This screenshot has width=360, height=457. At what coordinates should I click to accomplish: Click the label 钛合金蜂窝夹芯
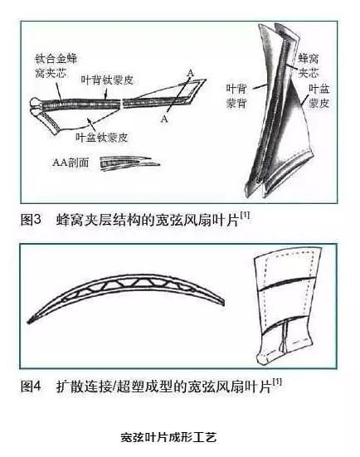(x=56, y=66)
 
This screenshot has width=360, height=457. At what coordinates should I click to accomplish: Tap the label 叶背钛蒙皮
(x=107, y=80)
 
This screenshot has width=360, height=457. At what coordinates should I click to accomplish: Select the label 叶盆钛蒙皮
(x=102, y=138)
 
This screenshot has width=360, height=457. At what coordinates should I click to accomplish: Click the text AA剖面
(x=71, y=163)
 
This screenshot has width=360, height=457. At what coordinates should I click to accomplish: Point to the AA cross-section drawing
(x=129, y=163)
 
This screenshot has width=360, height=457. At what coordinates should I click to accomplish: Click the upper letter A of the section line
(x=190, y=73)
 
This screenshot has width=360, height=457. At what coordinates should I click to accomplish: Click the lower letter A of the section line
(x=164, y=119)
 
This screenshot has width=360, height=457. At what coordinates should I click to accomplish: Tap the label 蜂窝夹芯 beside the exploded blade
(x=308, y=66)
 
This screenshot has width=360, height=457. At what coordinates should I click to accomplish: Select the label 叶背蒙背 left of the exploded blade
(x=236, y=96)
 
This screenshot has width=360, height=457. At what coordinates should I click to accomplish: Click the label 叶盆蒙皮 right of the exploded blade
(x=319, y=96)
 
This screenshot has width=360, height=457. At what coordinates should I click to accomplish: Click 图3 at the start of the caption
(x=31, y=219)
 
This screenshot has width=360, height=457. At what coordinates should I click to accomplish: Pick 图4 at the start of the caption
(x=31, y=387)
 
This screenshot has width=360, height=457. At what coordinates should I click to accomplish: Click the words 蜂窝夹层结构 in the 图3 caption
(x=98, y=220)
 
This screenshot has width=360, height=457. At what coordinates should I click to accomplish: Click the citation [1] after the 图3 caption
(x=246, y=216)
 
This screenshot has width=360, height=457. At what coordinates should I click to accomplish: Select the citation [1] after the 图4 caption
(x=277, y=382)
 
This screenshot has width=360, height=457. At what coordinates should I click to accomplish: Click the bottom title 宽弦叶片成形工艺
(x=168, y=437)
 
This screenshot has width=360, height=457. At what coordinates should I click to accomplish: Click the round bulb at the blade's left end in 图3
(x=36, y=105)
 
